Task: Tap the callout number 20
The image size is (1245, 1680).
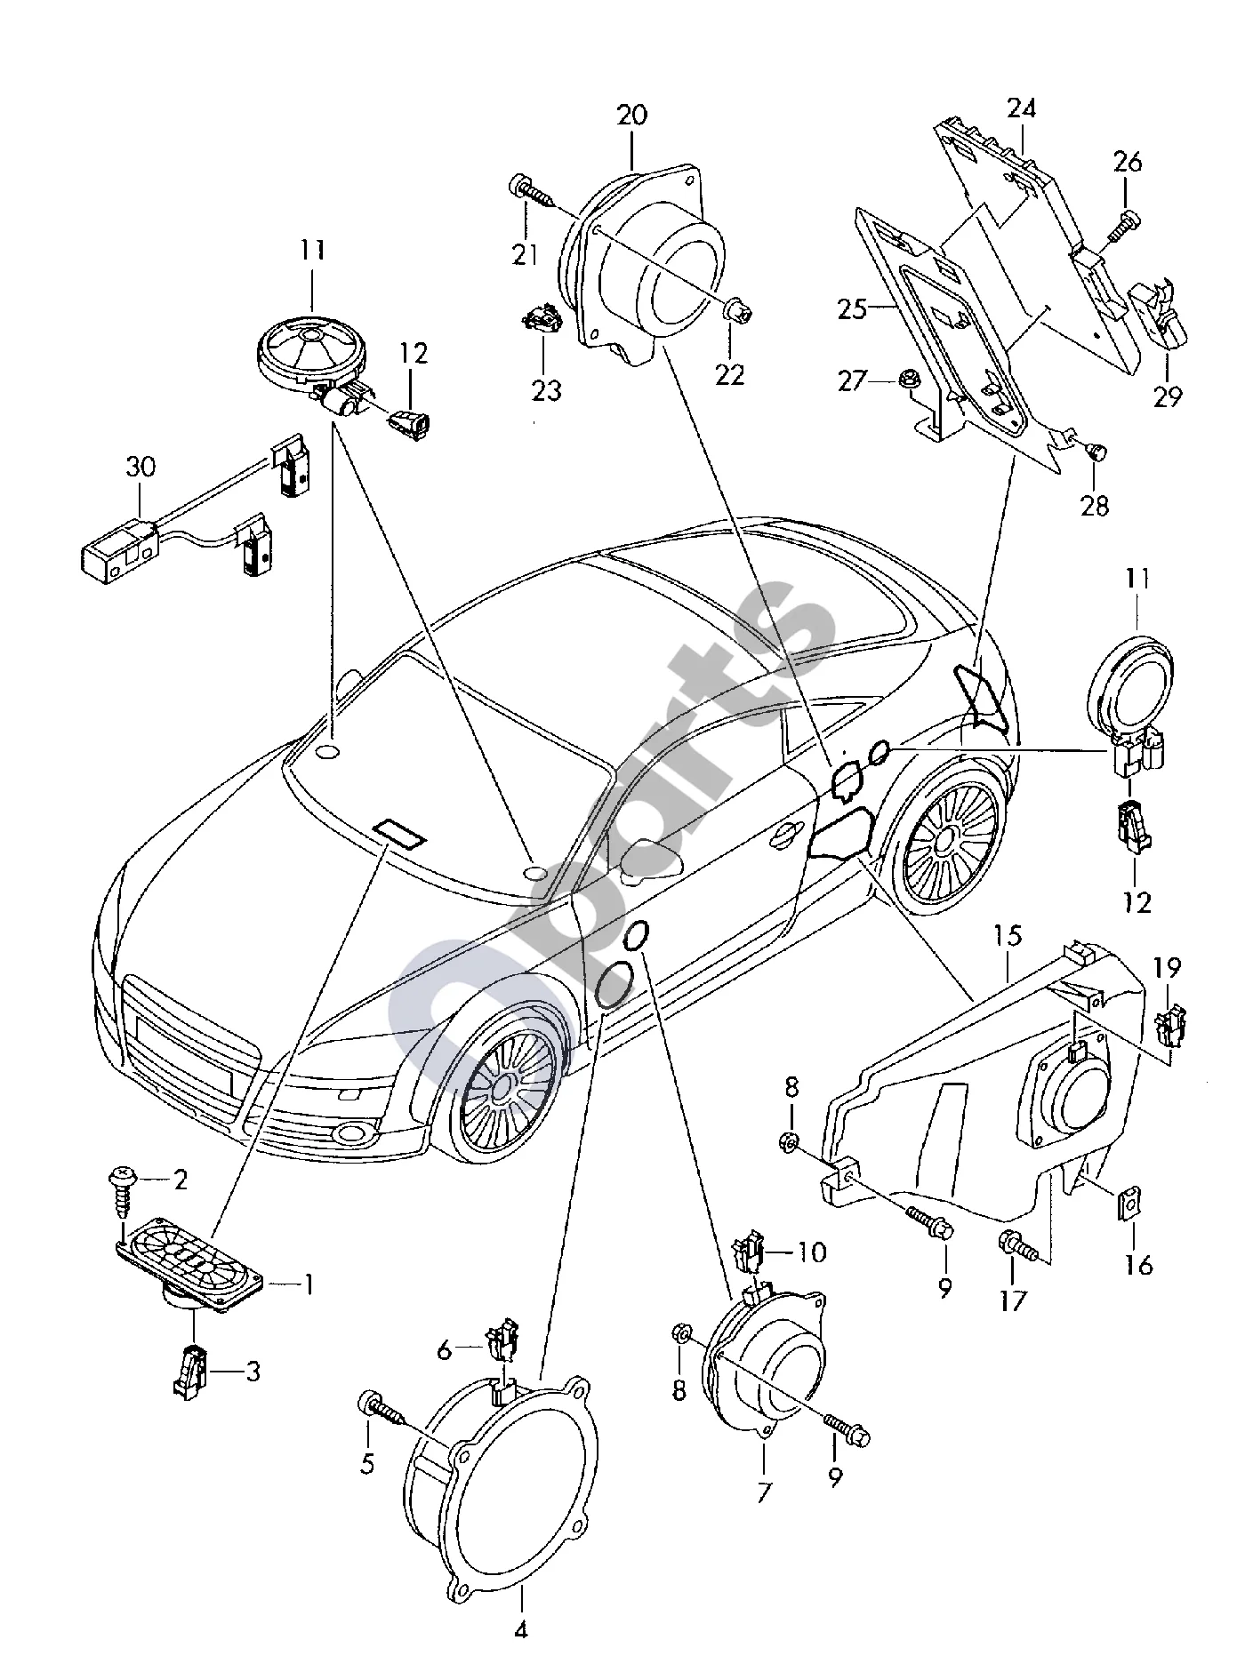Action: click(x=632, y=116)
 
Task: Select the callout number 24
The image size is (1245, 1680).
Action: click(x=1022, y=108)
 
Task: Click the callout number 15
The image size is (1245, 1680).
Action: click(x=1008, y=936)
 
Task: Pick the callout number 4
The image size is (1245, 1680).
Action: click(x=521, y=1655)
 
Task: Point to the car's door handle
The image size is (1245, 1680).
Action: click(x=783, y=832)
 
